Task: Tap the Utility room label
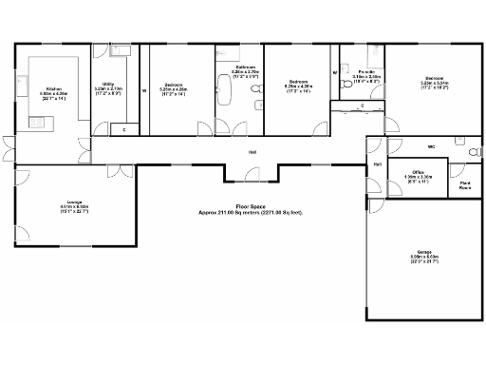pyautogui.click(x=107, y=85)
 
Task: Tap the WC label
pyautogui.click(x=430, y=146)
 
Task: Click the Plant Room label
pyautogui.click(x=465, y=186)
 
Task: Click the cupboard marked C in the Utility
pyautogui.click(x=124, y=128)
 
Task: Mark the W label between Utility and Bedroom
pyautogui.click(x=143, y=91)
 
